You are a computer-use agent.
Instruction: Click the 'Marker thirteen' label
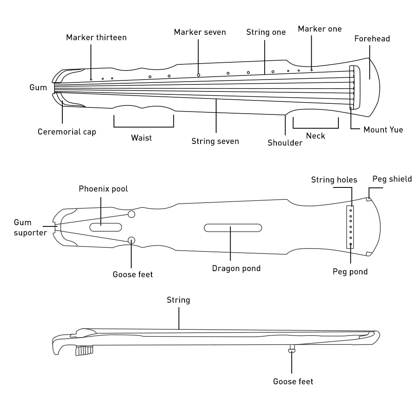click(96, 37)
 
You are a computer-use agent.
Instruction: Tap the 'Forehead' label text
click(372, 39)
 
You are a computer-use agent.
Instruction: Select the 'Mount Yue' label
click(383, 130)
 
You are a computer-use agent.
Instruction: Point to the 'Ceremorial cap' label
click(67, 132)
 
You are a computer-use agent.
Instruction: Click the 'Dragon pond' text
click(236, 269)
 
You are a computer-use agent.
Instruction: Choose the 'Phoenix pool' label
click(103, 189)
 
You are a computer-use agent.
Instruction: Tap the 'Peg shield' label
click(392, 179)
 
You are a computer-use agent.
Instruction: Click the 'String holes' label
click(334, 180)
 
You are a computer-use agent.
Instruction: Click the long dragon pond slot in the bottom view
click(233, 227)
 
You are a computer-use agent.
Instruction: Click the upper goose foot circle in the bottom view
click(132, 214)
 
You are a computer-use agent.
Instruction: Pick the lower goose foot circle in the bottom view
click(132, 240)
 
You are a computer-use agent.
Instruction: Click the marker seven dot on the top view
click(199, 75)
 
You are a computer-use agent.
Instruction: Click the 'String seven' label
click(215, 142)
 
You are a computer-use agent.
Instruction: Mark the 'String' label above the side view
click(178, 300)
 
